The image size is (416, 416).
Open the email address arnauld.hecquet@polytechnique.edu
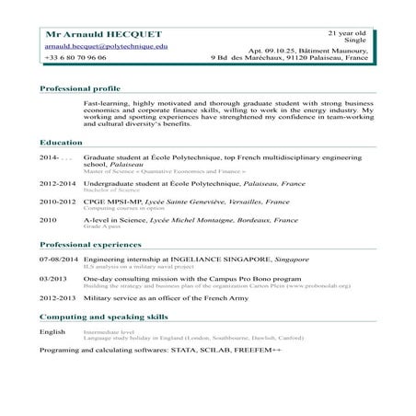(x=106, y=45)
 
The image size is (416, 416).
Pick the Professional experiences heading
(x=89, y=248)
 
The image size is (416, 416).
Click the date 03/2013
(x=53, y=277)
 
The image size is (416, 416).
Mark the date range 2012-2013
(x=57, y=300)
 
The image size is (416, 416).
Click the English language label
(x=52, y=330)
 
